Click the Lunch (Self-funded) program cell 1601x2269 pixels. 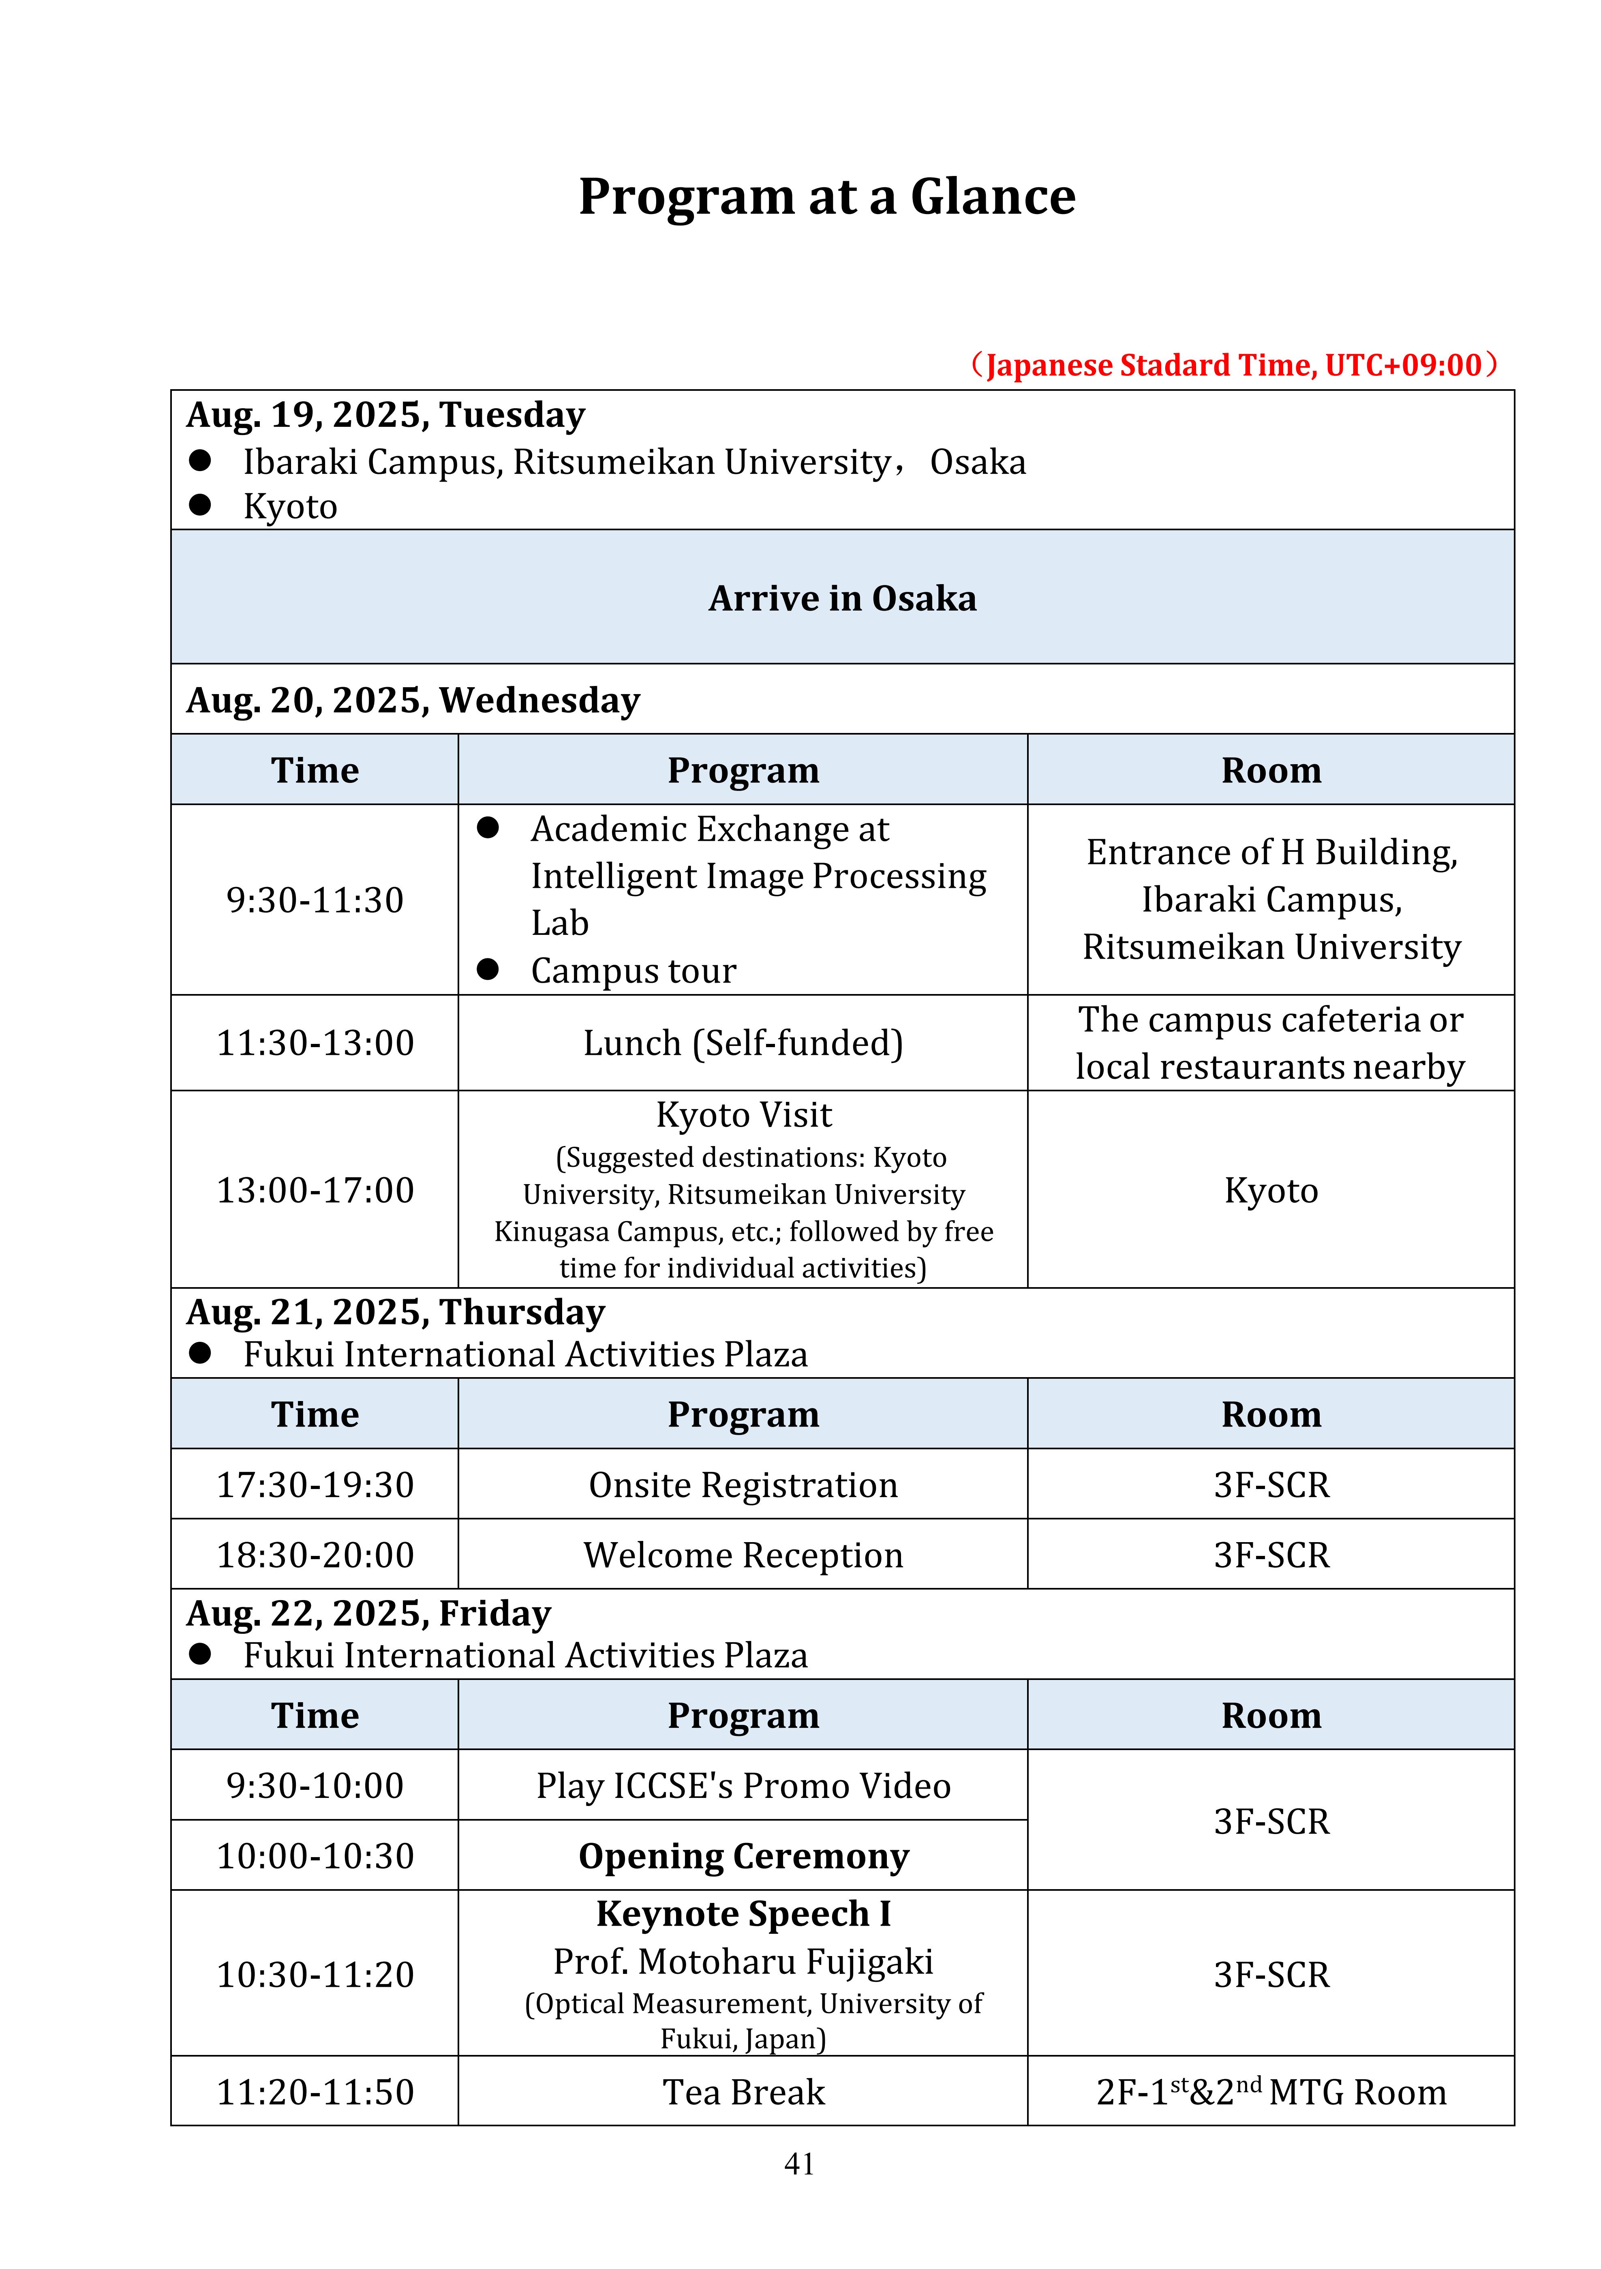[743, 1043]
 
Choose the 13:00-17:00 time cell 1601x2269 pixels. [314, 1190]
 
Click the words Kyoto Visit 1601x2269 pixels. [743, 1115]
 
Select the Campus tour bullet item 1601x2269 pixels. [632, 971]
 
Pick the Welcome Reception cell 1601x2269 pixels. [743, 1555]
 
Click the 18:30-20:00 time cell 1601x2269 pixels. [314, 1555]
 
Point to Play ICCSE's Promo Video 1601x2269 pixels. [743, 1786]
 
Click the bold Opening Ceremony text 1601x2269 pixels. [743, 1856]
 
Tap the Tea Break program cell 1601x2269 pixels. [743, 2092]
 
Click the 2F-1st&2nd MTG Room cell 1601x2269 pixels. [1271, 2092]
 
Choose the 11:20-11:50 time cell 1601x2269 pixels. [314, 2092]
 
